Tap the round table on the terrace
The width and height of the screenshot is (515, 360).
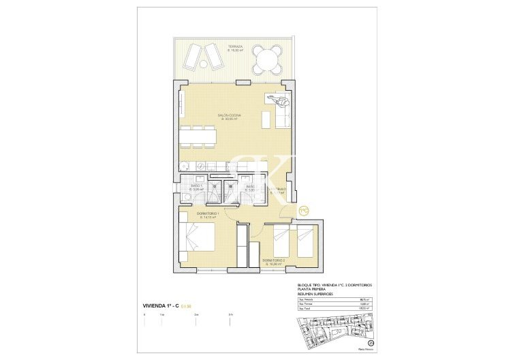pyautogui.click(x=266, y=59)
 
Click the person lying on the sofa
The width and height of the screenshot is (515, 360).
pyautogui.click(x=280, y=102)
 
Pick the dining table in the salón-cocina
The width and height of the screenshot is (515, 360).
pyautogui.click(x=198, y=136)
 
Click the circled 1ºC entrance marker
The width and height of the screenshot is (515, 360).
pyautogui.click(x=305, y=210)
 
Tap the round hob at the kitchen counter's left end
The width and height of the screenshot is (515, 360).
pyautogui.click(x=185, y=166)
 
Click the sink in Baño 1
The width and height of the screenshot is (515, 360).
pyautogui.click(x=185, y=196)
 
